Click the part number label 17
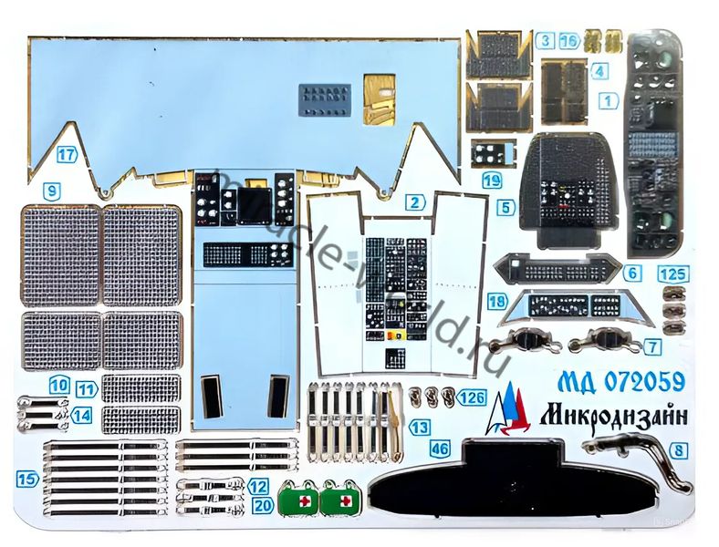coord(66,154)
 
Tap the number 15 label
coord(27,478)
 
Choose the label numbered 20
coord(263,504)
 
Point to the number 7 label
coord(652,346)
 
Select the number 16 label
coord(568,40)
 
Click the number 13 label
coord(419,426)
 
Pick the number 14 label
coord(82,415)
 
